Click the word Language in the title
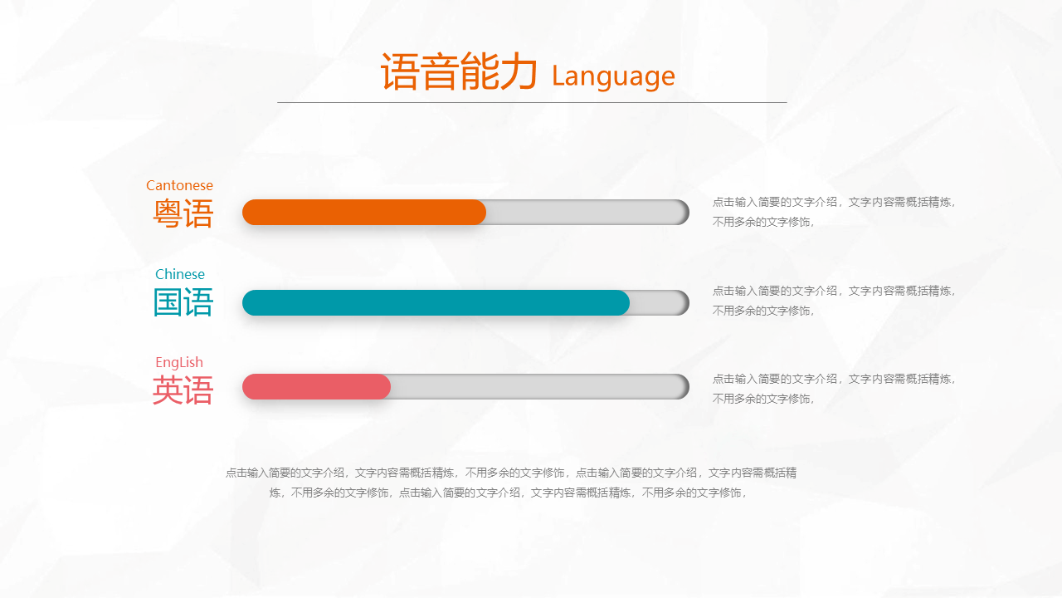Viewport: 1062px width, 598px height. click(613, 76)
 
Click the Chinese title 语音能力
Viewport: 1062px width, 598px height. click(459, 71)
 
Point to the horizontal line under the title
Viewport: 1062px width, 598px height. click(532, 102)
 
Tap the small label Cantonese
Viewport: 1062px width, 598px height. click(179, 185)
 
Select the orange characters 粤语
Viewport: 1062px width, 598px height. click(183, 213)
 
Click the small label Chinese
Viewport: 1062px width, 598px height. click(180, 274)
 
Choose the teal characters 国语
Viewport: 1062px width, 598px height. click(183, 302)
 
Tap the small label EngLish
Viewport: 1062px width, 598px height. click(179, 363)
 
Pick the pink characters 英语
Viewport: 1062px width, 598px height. click(183, 390)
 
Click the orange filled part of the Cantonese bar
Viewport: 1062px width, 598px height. click(364, 212)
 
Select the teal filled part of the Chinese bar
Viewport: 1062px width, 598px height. click(436, 303)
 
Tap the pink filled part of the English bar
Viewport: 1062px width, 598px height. click(316, 386)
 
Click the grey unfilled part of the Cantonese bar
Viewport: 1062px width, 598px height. click(588, 212)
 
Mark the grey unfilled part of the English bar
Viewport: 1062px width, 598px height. click(540, 386)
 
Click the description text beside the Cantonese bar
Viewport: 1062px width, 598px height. click(834, 212)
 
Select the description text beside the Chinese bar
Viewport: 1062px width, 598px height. click(834, 301)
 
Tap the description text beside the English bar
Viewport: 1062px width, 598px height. click(834, 389)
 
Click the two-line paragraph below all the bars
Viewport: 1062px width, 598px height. click(511, 483)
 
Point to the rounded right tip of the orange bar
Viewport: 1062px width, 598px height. click(485, 212)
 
